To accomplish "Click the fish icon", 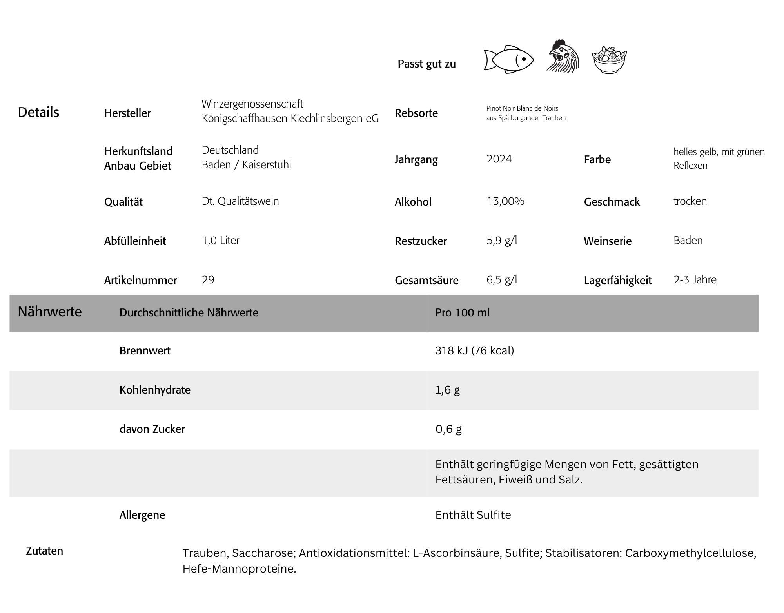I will [508, 60].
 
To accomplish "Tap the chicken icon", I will [563, 57].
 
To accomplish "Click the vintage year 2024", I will [499, 159].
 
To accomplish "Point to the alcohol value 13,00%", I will [505, 201].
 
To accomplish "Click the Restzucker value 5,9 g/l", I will [502, 241].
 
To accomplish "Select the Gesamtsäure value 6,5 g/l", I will [502, 280].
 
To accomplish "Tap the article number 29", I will [208, 280].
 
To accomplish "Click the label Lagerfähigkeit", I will [617, 281].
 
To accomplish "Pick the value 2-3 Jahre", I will [695, 280].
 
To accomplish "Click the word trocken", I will [690, 201].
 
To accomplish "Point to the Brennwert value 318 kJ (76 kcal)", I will [474, 350].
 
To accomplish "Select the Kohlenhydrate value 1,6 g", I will [447, 390].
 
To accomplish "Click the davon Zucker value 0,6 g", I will [448, 429].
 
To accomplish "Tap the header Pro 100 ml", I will [462, 313].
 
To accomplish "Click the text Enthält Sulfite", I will [473, 515].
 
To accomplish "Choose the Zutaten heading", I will [44, 551].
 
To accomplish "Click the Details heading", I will [38, 112].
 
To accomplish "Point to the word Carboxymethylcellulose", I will [690, 553].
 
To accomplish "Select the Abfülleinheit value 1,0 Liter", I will [220, 241].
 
